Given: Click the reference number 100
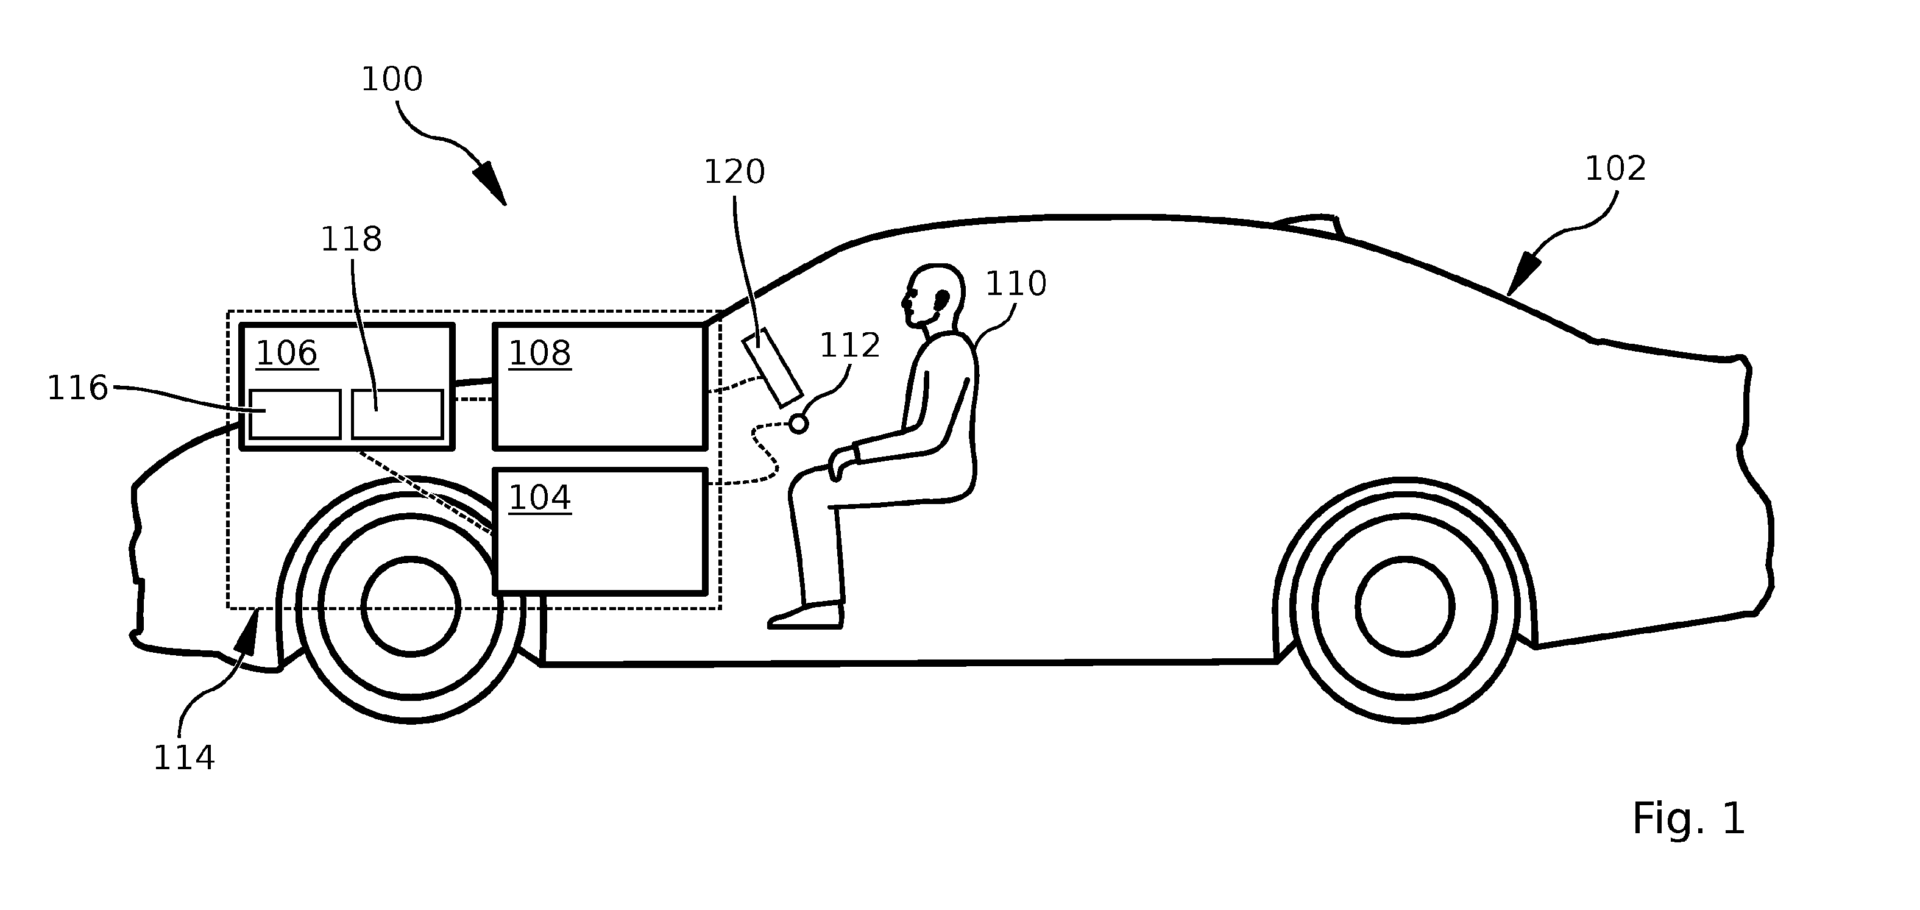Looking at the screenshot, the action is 392,79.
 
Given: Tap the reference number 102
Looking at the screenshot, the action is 1615,169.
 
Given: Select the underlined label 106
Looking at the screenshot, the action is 287,354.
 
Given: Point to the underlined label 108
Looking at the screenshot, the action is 540,354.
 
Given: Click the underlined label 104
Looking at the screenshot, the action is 540,498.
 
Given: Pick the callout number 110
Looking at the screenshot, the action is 1016,284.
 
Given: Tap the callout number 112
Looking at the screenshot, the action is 849,346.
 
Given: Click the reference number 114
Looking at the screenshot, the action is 184,759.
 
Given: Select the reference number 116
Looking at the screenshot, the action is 77,388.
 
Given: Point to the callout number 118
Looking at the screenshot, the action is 351,240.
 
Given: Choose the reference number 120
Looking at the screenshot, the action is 734,172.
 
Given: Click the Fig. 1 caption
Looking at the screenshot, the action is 1688,819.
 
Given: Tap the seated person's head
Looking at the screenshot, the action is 932,295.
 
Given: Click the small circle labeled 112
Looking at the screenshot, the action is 798,424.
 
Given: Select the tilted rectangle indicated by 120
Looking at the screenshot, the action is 772,368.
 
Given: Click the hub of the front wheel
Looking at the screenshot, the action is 411,606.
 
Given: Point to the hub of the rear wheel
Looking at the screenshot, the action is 1405,606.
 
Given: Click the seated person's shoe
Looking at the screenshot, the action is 806,616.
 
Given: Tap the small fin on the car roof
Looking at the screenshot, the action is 1310,226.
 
